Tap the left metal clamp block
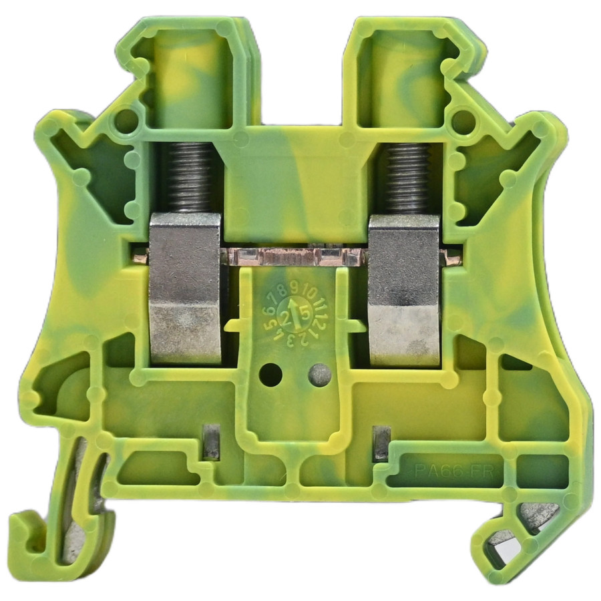(x=184, y=287)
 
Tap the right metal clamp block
(x=405, y=290)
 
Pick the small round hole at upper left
(x=126, y=121)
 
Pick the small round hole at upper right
(x=463, y=121)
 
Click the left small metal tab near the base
(x=212, y=442)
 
